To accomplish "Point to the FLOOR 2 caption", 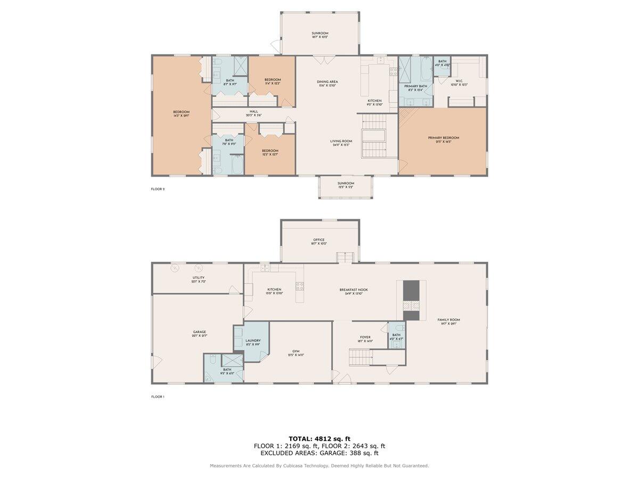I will pyautogui.click(x=158, y=189).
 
